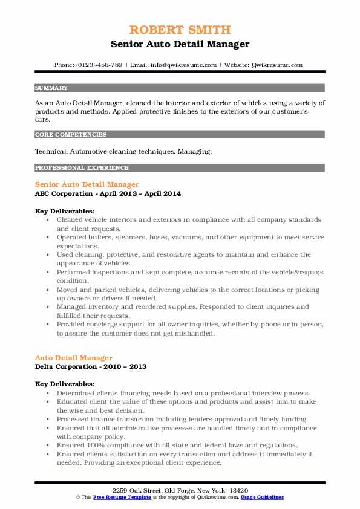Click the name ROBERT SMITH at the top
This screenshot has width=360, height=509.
point(180,30)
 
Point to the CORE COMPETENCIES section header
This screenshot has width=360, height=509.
point(71,135)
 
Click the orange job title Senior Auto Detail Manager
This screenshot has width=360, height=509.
point(87,184)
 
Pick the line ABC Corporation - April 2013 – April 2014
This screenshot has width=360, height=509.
point(108,193)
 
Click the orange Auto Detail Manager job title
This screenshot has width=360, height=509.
point(73,358)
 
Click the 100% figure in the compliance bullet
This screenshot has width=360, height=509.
point(94,445)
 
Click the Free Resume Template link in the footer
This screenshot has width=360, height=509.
point(115,497)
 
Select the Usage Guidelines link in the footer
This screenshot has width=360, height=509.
point(262,497)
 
